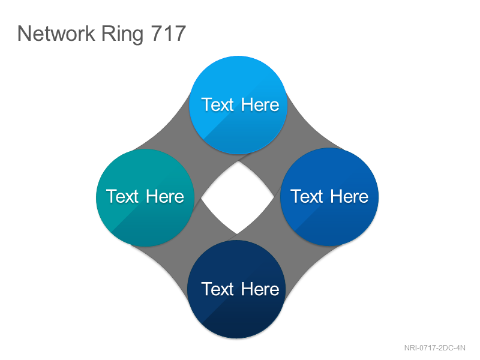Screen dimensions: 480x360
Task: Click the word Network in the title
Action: [x=56, y=33]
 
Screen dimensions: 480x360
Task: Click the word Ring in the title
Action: [x=122, y=34]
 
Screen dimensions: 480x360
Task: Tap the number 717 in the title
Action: [x=169, y=33]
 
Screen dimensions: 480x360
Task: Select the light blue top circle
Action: [x=238, y=104]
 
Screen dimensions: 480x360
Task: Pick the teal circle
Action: [x=145, y=197]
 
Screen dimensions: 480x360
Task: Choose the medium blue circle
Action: [x=329, y=197]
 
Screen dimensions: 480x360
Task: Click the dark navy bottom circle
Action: [x=236, y=289]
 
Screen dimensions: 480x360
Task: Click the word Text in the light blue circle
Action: [x=218, y=104]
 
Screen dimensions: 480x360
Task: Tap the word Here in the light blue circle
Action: [x=260, y=104]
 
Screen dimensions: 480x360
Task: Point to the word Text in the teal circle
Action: [x=122, y=196]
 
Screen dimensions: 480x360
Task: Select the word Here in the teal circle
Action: [x=164, y=196]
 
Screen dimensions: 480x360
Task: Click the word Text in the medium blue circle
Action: [x=307, y=196]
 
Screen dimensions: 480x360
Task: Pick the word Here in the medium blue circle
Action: [x=349, y=196]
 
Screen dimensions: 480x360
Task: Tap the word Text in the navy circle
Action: [x=218, y=289]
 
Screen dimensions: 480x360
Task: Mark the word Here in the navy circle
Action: [x=260, y=289]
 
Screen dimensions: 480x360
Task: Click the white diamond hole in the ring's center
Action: [x=238, y=197]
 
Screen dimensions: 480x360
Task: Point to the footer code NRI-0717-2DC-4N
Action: [x=434, y=348]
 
